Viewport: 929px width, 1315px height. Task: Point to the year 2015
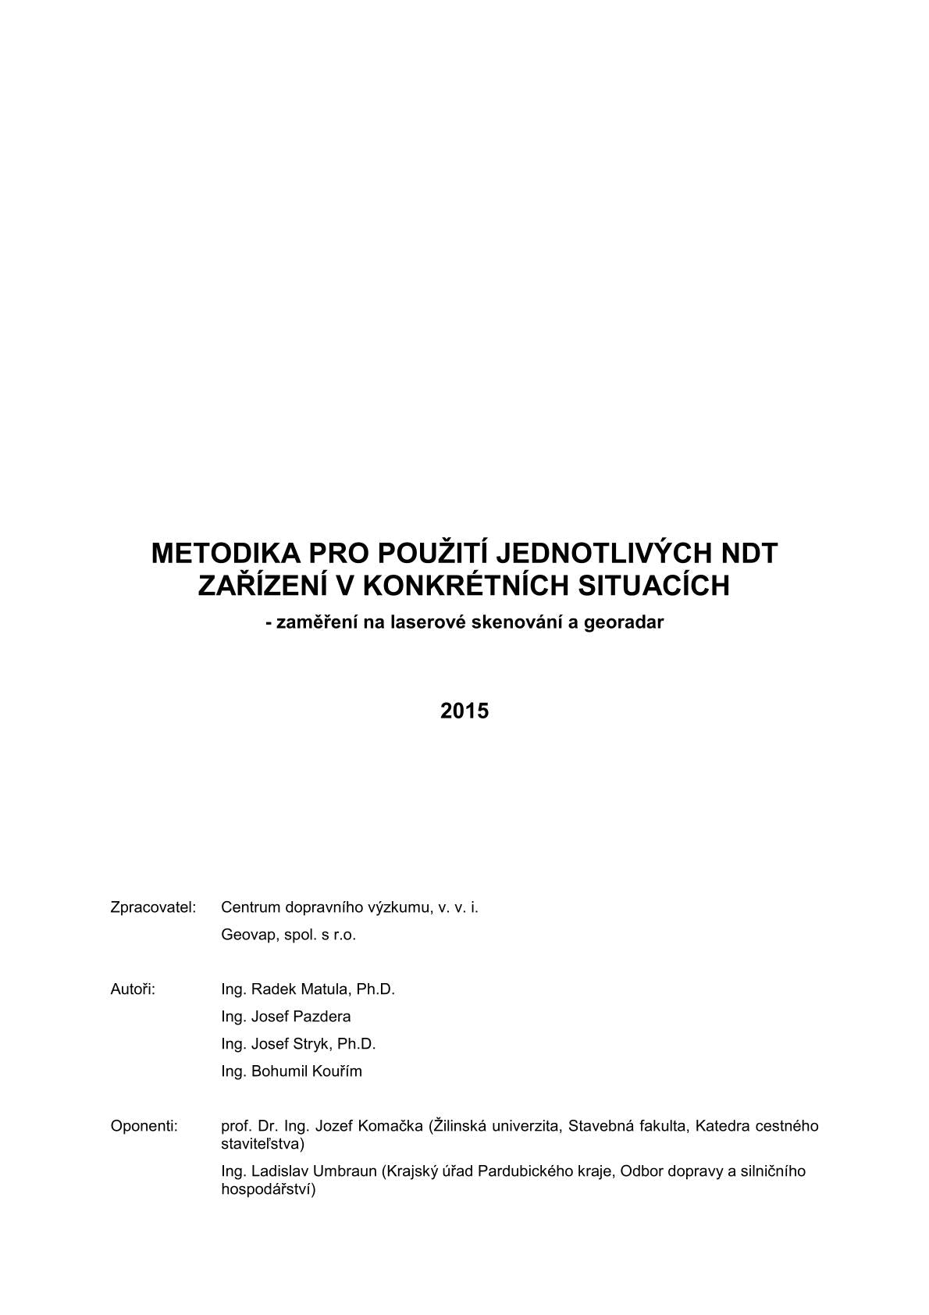click(x=464, y=711)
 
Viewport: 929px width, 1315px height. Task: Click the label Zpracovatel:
click(x=153, y=907)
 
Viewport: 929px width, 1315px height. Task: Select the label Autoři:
click(x=133, y=989)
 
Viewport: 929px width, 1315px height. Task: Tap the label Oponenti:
click(x=144, y=1126)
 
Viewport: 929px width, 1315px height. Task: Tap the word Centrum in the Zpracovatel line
click(x=250, y=907)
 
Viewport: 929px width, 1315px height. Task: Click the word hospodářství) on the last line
click(x=268, y=1190)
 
